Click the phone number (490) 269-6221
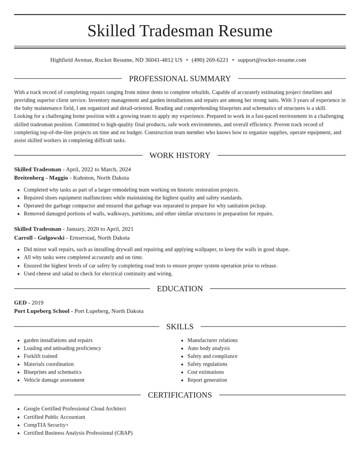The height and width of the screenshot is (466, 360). [x=210, y=60]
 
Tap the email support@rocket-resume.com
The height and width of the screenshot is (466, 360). [x=272, y=60]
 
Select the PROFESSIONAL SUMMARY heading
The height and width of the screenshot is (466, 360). [x=180, y=79]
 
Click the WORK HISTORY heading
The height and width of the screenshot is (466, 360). [x=180, y=155]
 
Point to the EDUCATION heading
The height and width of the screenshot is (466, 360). [x=180, y=289]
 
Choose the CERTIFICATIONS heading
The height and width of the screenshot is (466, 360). [x=180, y=395]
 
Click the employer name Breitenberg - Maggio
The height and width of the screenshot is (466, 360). [x=41, y=178]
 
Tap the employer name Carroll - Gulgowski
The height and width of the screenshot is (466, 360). [x=39, y=238]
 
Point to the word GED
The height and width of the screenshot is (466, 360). [x=20, y=303]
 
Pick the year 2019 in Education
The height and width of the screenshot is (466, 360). [x=37, y=303]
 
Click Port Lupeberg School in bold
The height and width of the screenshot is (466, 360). [x=42, y=311]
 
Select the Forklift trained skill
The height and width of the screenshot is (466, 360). [x=40, y=356]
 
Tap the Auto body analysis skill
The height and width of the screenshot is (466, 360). [x=208, y=348]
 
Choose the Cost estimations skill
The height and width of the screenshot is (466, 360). [x=206, y=372]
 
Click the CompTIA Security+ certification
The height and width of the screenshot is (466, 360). [x=46, y=425]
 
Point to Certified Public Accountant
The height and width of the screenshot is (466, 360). [x=54, y=417]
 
